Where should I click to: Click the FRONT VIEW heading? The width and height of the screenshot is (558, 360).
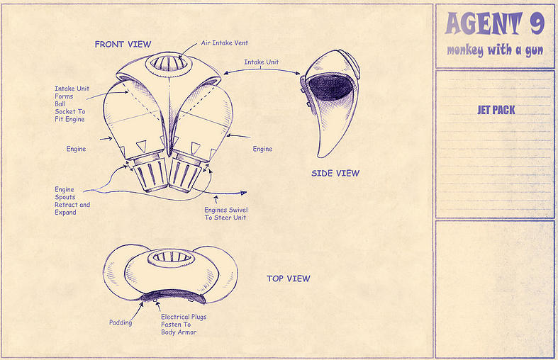pos(123,44)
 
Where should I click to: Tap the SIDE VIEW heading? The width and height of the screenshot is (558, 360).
pos(335,173)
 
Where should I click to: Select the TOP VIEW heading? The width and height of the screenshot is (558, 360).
pos(289,279)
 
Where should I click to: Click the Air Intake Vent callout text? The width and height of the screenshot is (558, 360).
pos(224,43)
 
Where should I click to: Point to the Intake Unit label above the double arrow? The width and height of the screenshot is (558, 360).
pos(261,62)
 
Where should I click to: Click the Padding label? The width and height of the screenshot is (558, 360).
pos(121,322)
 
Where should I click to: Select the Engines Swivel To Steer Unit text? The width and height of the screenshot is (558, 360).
pos(225,214)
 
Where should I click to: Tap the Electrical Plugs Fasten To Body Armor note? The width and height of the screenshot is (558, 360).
pos(183,325)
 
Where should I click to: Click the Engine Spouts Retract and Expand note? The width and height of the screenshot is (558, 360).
pos(72,201)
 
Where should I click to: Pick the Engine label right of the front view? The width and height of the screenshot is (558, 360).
pos(262,149)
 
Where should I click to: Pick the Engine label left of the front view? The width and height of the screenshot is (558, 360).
pos(76,149)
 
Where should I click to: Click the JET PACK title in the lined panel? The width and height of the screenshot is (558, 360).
pos(496,110)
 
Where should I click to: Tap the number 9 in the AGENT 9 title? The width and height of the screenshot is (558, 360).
pos(537,23)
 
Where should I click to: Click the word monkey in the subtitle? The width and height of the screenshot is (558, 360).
pos(464,50)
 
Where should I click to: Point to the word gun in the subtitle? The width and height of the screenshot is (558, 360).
pos(534,51)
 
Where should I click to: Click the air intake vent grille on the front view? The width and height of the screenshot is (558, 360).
pos(169,63)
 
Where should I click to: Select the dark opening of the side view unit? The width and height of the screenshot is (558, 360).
pos(330,87)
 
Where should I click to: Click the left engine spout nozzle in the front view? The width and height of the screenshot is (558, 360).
pos(150,175)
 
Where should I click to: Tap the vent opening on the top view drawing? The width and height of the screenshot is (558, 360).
pos(171,257)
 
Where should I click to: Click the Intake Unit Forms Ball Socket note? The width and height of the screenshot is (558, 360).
pos(72,104)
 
